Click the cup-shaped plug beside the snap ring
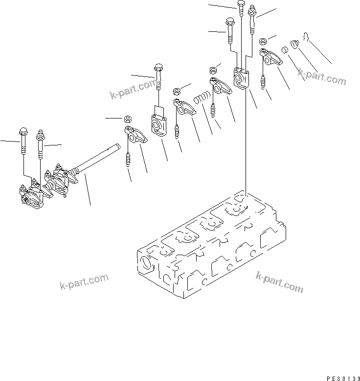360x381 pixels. tap(294, 45)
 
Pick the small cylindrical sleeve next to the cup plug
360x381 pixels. tap(283, 50)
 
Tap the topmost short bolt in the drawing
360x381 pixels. tap(241, 7)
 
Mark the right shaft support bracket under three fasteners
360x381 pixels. tap(241, 79)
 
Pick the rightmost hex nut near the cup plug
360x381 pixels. tap(263, 41)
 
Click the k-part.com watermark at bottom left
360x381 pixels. tap(84, 283)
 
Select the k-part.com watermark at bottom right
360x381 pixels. tap(279, 282)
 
